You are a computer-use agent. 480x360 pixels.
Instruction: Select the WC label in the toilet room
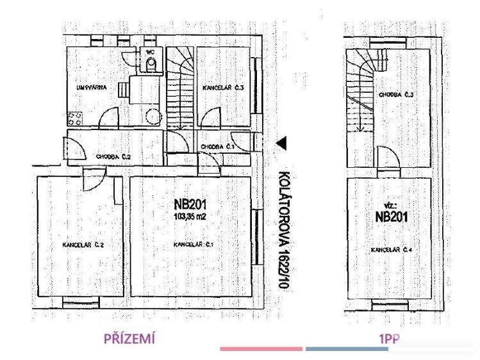pyautogui.click(x=151, y=51)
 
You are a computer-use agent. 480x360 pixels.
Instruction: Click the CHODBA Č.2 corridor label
pyautogui.click(x=113, y=156)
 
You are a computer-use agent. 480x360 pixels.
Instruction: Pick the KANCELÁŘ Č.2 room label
pyautogui.click(x=79, y=245)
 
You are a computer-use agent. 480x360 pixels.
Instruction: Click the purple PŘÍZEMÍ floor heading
pyautogui.click(x=130, y=340)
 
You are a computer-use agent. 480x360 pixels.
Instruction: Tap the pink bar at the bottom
pyautogui.click(x=261, y=349)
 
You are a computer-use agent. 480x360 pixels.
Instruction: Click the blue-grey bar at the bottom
pyautogui.click(x=346, y=349)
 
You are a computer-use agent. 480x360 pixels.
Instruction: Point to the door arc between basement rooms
pyautogui.click(x=387, y=156)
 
